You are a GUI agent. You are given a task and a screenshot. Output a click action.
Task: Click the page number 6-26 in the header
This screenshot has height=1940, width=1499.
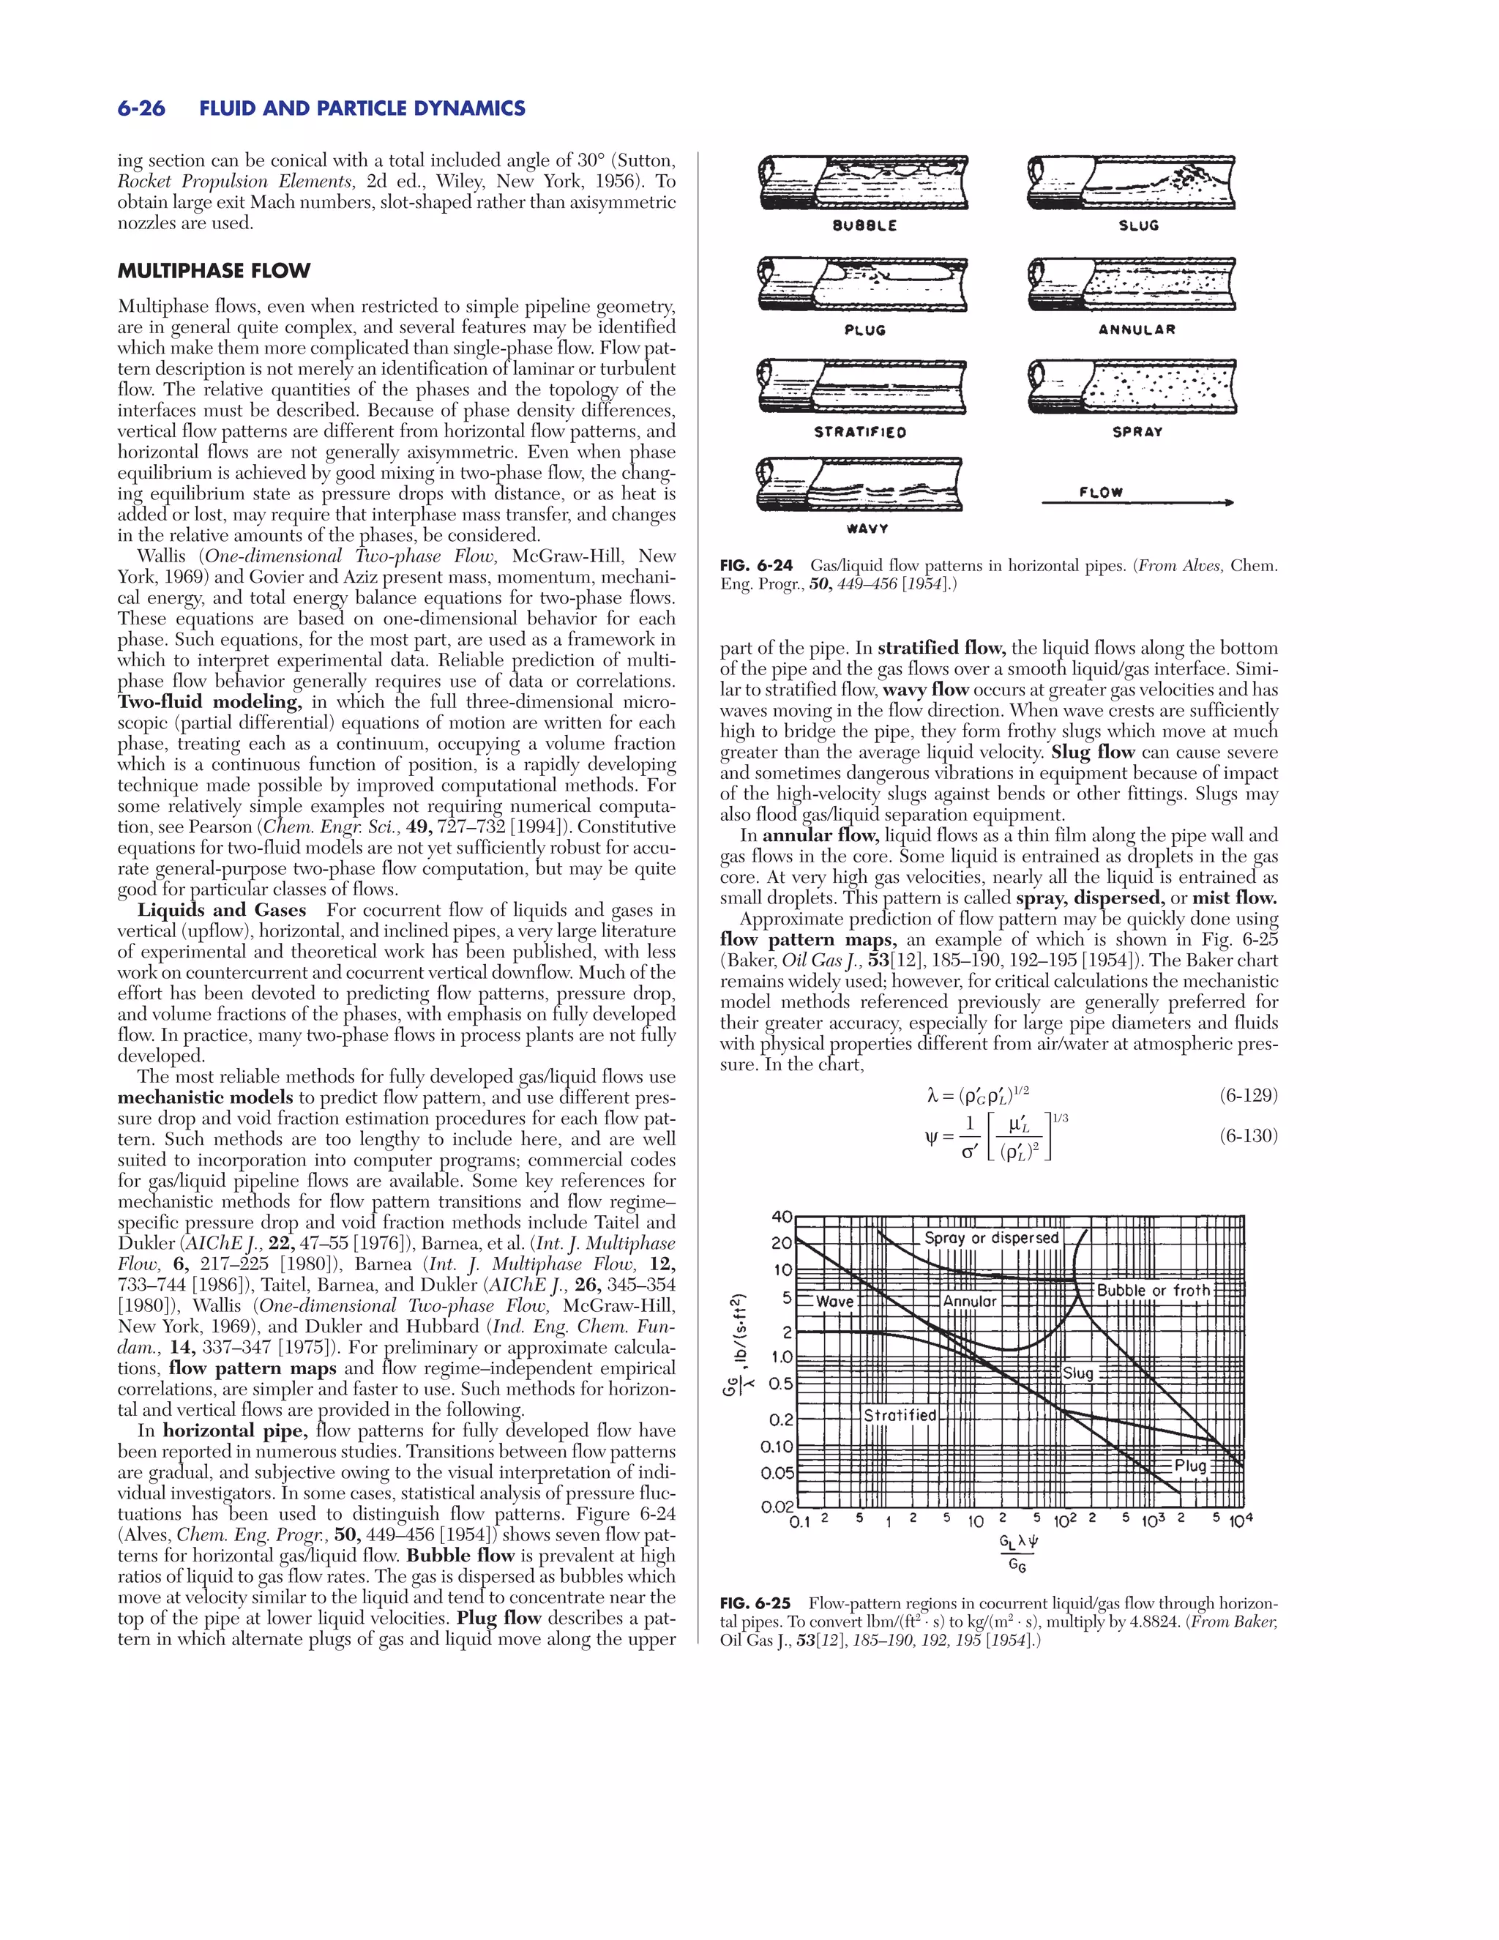pyautogui.click(x=141, y=108)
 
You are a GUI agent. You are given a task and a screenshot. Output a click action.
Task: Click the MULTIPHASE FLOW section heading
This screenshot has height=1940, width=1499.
pyautogui.click(x=214, y=271)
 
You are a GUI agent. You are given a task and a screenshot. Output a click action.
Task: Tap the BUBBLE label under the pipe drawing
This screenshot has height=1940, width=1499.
pyautogui.click(x=864, y=225)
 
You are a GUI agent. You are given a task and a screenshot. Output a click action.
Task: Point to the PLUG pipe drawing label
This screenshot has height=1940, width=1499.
pyautogui.click(x=864, y=330)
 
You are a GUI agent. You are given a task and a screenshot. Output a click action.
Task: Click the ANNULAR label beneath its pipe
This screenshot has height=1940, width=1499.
pyautogui.click(x=1137, y=329)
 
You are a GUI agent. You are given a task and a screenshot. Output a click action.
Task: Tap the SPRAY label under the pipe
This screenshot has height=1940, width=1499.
pyautogui.click(x=1137, y=432)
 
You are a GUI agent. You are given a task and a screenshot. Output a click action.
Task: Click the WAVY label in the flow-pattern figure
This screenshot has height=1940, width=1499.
pyautogui.click(x=867, y=529)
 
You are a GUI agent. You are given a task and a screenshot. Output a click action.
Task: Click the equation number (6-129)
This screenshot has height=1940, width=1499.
pyautogui.click(x=1248, y=1095)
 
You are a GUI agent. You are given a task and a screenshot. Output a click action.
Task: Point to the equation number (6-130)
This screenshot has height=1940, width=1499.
pyautogui.click(x=1248, y=1136)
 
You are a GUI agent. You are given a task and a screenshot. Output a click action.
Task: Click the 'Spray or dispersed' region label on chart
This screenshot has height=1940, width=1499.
pyautogui.click(x=991, y=1238)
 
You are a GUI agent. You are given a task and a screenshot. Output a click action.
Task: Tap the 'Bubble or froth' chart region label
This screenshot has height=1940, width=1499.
pyautogui.click(x=1153, y=1290)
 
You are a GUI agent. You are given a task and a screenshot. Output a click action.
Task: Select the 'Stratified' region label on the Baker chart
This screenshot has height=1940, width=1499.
pyautogui.click(x=900, y=1415)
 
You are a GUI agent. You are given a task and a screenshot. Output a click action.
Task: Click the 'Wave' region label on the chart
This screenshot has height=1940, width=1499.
pyautogui.click(x=834, y=1302)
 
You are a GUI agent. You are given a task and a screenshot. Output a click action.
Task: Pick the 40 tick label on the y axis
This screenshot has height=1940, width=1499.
pyautogui.click(x=782, y=1217)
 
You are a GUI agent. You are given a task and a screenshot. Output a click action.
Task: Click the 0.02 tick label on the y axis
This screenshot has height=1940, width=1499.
pyautogui.click(x=776, y=1507)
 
